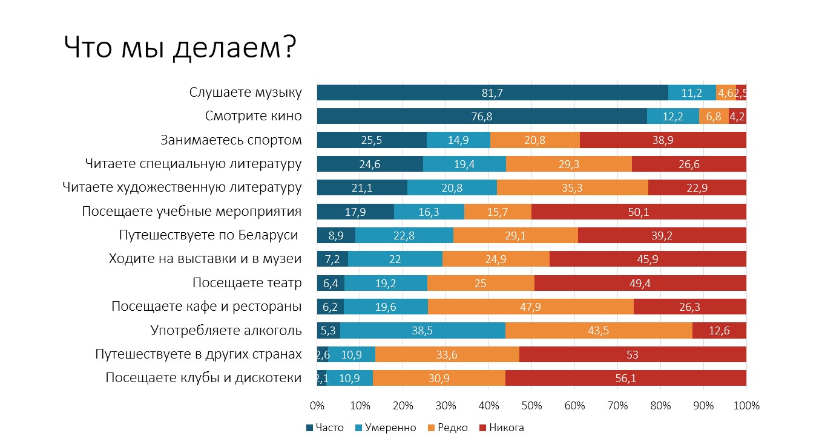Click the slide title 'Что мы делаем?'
tap(179, 48)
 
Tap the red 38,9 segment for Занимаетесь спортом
tap(663, 140)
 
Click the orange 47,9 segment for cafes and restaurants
tap(530, 307)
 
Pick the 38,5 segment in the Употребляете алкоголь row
tap(423, 331)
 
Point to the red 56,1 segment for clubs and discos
tap(625, 379)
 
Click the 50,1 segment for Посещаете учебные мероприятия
tap(639, 212)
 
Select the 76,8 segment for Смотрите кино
tap(482, 116)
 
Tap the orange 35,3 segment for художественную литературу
tap(572, 188)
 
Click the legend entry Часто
tap(325, 428)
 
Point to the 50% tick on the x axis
tap(531, 406)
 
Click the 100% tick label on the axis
tap(746, 406)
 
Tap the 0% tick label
tap(317, 406)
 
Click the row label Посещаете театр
tap(247, 283)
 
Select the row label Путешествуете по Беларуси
tap(209, 235)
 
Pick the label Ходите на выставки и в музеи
tap(205, 259)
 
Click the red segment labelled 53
tap(633, 355)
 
